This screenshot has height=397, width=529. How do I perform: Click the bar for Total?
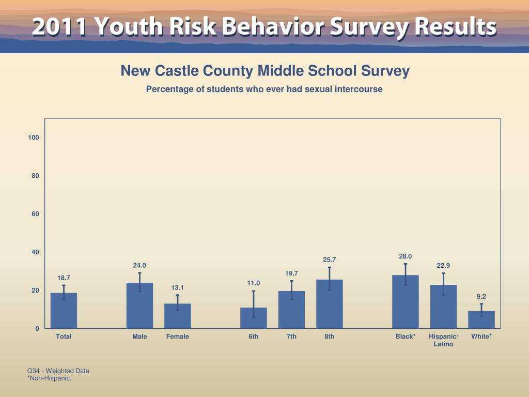[x=64, y=311]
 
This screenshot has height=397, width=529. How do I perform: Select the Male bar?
[x=139, y=306]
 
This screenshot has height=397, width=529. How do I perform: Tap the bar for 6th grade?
[x=254, y=318]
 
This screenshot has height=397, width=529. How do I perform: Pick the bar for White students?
[x=481, y=319]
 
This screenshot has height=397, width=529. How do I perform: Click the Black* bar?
[x=406, y=302]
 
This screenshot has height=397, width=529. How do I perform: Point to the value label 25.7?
[x=330, y=259]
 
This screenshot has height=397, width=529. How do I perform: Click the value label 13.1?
[x=178, y=287]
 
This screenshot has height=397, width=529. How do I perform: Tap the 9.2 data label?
[x=481, y=296]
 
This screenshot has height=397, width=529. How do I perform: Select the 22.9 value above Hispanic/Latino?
[x=443, y=266]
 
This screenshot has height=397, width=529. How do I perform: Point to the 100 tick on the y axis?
[x=34, y=138]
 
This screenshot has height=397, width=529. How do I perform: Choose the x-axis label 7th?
[x=291, y=337]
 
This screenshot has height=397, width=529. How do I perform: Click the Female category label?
[x=178, y=337]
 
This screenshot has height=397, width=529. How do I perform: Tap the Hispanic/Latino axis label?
[x=443, y=340]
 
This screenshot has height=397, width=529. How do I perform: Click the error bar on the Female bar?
[x=178, y=302]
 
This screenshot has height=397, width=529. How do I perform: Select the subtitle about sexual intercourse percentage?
[x=264, y=89]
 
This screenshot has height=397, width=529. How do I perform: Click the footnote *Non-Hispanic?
[x=49, y=378]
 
